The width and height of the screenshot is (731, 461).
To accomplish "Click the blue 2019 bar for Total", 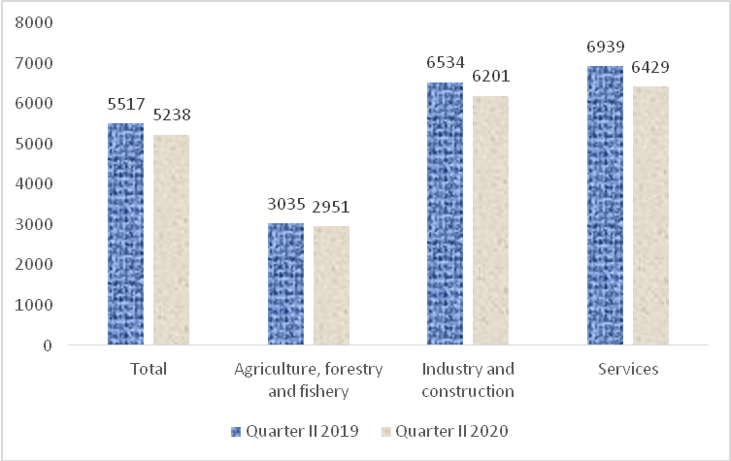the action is tap(126, 234).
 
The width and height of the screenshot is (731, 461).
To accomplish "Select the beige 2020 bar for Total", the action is tap(171, 240).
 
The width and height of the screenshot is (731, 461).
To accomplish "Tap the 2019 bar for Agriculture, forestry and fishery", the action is tap(285, 283).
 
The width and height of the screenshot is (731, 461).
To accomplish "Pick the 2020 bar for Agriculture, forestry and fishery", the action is tap(331, 285).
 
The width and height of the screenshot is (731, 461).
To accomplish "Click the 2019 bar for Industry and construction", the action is tap(446, 214).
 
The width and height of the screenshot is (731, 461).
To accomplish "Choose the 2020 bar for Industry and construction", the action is tap(490, 220).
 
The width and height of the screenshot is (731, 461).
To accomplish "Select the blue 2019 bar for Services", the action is tap(605, 206).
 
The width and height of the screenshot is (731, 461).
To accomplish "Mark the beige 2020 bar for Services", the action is tap(650, 215).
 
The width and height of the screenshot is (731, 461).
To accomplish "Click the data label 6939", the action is tap(605, 47).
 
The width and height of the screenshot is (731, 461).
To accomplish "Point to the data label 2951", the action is tap(331, 207).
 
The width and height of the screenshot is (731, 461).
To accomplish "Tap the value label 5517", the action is tap(126, 104).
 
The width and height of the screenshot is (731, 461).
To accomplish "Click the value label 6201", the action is tap(490, 76).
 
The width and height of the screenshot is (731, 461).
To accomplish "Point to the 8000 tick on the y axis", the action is tap(34, 22).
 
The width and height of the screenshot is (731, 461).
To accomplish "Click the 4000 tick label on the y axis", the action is tap(34, 183).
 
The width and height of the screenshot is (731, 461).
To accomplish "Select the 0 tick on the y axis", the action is tap(48, 346).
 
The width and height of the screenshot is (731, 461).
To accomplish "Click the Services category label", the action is tap(628, 369).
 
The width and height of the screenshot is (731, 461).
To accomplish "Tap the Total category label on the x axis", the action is tap(149, 369).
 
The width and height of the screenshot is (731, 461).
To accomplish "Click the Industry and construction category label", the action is tap(468, 379).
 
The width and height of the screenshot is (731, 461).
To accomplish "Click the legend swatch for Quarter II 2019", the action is tap(236, 432).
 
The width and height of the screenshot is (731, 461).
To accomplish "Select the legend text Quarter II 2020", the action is tap(451, 431).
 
